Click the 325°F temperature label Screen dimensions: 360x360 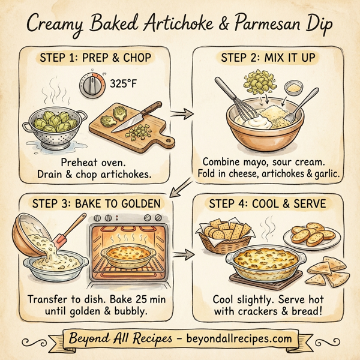pos(124,84)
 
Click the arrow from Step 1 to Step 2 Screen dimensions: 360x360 pos(179,112)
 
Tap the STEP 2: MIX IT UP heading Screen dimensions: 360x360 pos(268,59)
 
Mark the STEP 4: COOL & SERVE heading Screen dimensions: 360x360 pos(267,203)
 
